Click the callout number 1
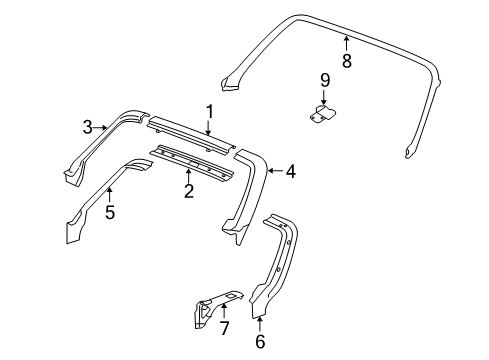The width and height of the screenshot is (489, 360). tap(210, 112)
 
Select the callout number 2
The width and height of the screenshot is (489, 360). tap(188, 191)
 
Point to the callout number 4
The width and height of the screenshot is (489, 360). tap(290, 172)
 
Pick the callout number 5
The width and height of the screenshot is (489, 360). tap(110, 211)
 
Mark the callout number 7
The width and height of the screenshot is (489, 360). tap(224, 327)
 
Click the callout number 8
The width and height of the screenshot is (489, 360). tap(346, 61)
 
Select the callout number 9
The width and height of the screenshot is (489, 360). tap(324, 80)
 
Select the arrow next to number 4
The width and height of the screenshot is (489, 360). tap(272, 172)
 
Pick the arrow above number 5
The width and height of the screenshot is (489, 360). tap(110, 192)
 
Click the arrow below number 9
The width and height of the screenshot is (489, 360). tap(324, 97)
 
